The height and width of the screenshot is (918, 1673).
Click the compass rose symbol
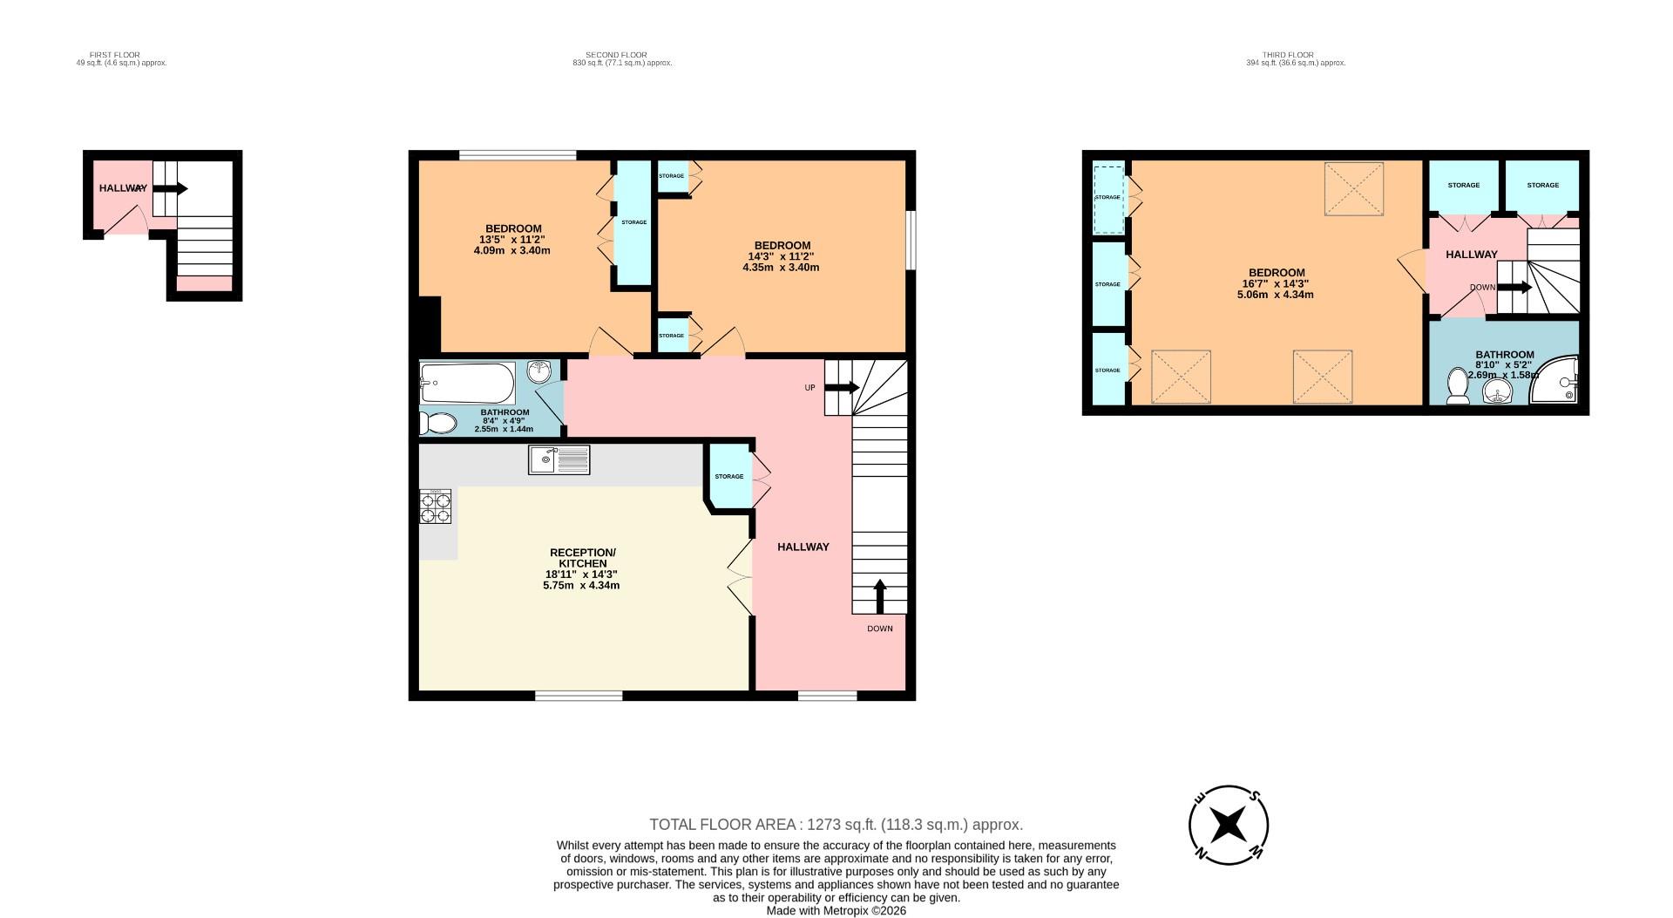[x=1229, y=825]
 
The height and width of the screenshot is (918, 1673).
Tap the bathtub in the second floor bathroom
[x=467, y=383]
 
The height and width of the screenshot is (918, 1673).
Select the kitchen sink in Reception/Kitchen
[x=559, y=459]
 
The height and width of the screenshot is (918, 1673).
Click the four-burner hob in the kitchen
[x=436, y=507]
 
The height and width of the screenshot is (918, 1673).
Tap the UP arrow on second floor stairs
[x=842, y=387]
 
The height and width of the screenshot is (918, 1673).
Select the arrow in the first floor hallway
[x=171, y=188]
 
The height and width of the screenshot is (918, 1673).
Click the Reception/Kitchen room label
[x=582, y=558]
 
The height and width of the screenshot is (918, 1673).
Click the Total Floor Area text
[x=836, y=825]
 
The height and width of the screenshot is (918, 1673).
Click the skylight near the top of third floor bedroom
[x=1354, y=188]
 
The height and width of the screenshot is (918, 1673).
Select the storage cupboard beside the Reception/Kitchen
[x=729, y=476]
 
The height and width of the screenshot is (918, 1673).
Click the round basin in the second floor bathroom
[x=540, y=372]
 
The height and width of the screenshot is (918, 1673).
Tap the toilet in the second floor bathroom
[x=438, y=424]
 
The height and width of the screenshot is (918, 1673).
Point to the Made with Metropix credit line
[x=836, y=910]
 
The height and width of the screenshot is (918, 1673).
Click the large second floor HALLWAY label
[x=803, y=547]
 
